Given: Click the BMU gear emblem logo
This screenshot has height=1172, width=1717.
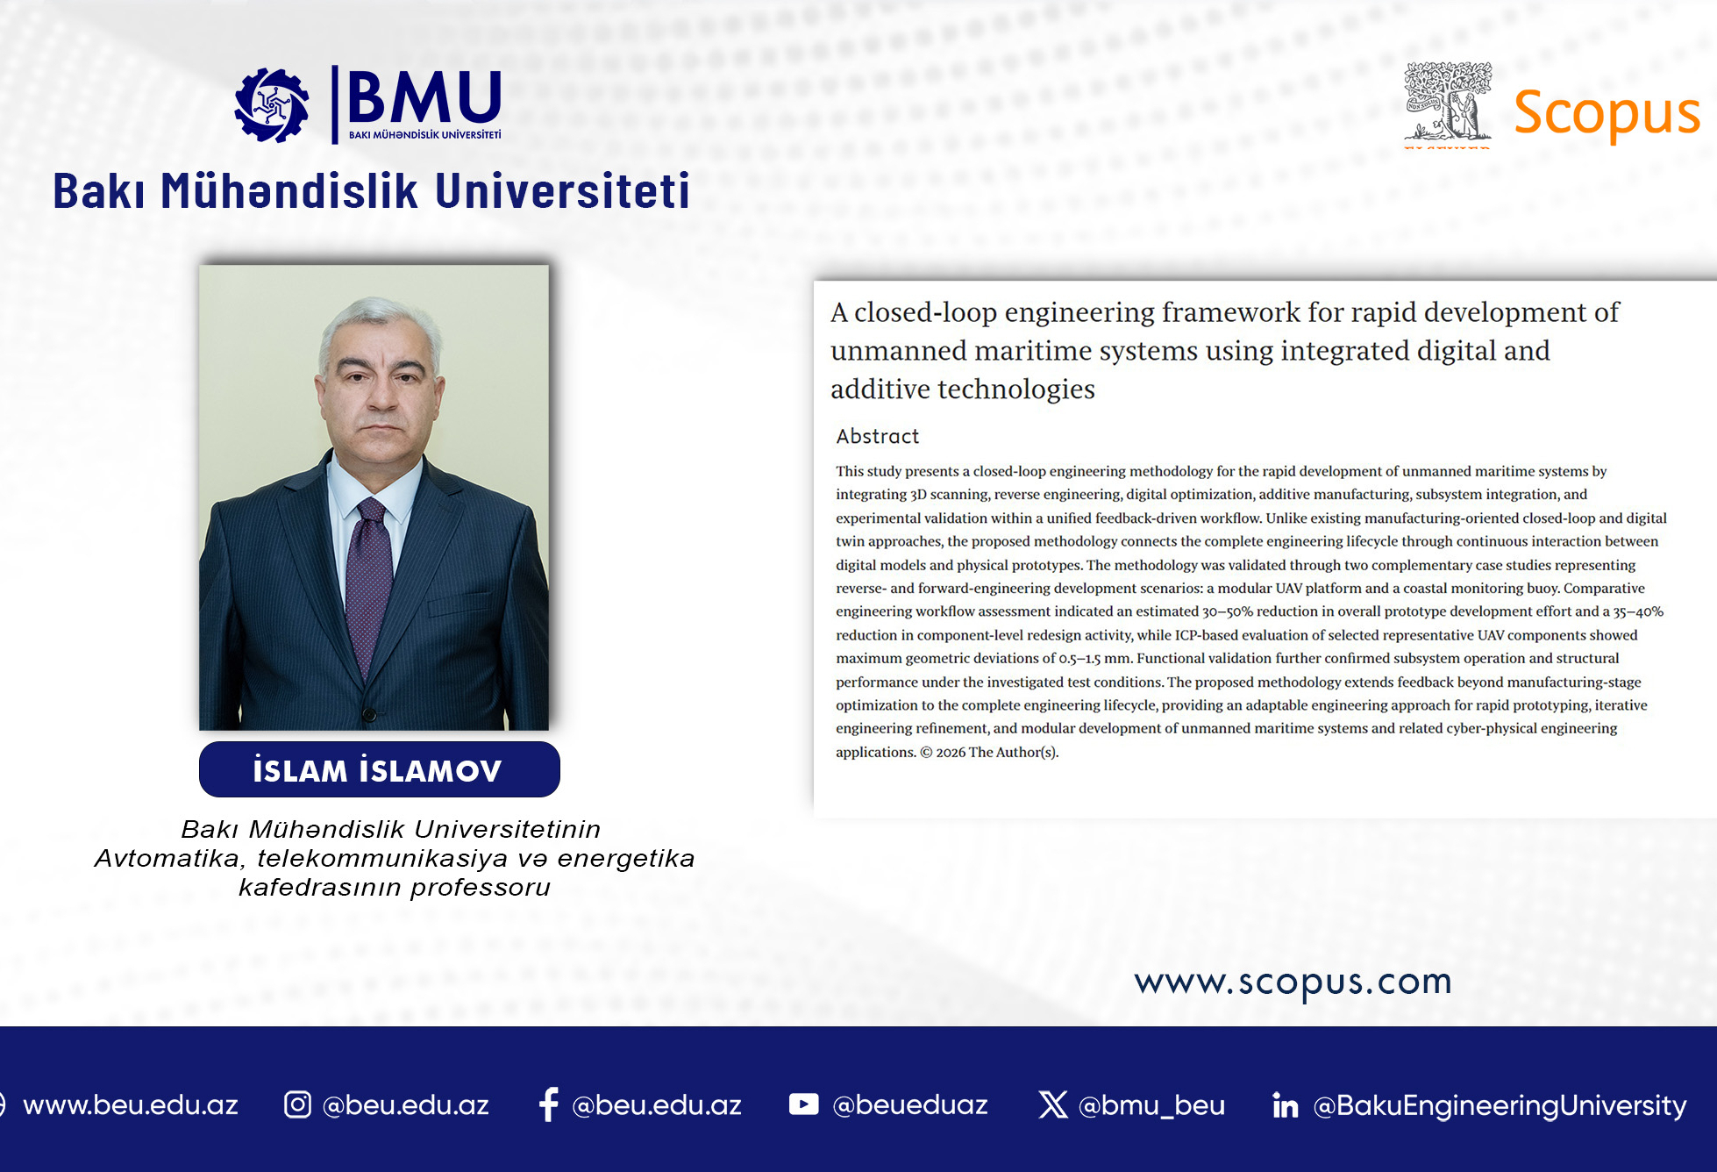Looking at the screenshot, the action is point(272,105).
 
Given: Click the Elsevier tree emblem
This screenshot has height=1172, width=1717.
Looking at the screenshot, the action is point(1448,102).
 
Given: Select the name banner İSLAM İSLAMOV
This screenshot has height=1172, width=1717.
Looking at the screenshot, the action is point(379,769).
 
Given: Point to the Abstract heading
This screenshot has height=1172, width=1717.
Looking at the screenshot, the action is point(877,436).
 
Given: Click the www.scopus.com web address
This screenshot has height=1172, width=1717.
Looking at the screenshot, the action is point(1293,982).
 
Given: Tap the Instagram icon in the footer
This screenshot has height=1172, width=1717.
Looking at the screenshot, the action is point(297,1104).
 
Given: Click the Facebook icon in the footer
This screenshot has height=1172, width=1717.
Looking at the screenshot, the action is point(549,1104).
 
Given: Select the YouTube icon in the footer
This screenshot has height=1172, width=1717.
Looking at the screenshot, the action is point(803,1104).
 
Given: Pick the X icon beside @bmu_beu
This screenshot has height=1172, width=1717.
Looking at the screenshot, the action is point(1053,1104).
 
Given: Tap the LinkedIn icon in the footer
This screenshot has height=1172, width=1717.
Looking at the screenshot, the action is point(1285,1105).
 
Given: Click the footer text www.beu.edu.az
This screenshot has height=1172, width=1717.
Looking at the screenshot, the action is point(131,1104).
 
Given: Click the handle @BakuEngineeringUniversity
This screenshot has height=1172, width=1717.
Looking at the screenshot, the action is point(1500,1105).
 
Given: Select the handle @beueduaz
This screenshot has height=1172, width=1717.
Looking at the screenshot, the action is point(910,1104).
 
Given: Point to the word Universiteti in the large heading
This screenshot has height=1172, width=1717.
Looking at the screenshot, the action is point(562,190).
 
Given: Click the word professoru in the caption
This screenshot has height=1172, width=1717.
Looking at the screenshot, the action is point(481,888).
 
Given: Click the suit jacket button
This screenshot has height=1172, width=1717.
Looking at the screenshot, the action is point(369,714).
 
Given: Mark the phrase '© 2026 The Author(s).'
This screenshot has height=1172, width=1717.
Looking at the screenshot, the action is point(989,752).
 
